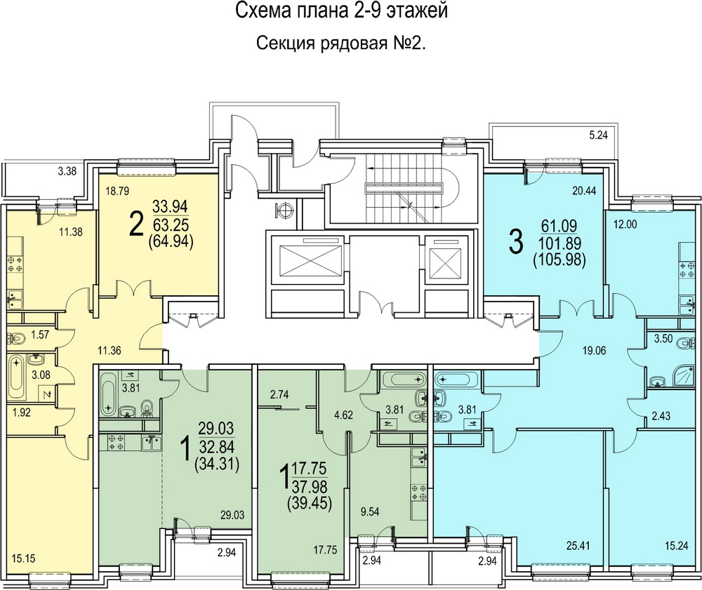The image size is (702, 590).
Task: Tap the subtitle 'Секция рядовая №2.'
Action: coord(340,43)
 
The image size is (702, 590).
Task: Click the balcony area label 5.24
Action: coord(599,135)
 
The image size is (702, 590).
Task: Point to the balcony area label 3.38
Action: coord(67,170)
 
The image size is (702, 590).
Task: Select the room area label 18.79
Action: coord(117,192)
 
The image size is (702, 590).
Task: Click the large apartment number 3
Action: coord(516,243)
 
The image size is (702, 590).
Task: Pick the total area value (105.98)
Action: coord(559,260)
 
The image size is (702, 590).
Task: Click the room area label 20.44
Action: coord(584,192)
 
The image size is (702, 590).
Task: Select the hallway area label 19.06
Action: coord(594,351)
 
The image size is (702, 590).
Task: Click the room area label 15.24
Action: coord(676,546)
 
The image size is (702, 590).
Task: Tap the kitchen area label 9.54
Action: coord(370,511)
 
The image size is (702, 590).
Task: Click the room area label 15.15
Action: coord(23,558)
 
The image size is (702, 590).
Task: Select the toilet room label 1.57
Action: coord(40,334)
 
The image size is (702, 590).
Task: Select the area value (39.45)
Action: coord(310,504)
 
